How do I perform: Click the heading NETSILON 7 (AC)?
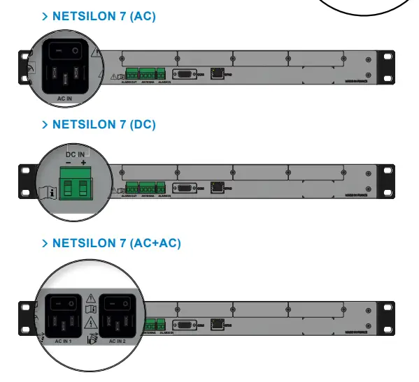click(x=104, y=16)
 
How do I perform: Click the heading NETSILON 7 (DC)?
click(x=104, y=124)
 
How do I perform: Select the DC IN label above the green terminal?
click(x=75, y=154)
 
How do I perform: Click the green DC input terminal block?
click(x=75, y=187)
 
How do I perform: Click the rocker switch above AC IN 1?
click(x=65, y=304)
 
